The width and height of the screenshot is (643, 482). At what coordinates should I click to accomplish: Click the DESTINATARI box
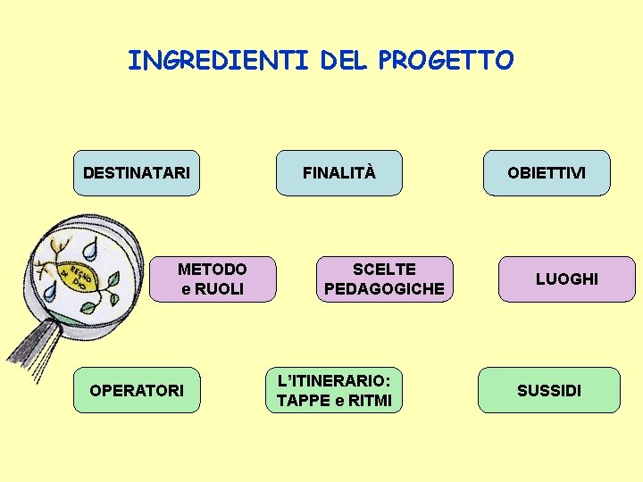point(136,172)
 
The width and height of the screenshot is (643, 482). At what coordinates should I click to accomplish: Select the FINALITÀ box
point(339,172)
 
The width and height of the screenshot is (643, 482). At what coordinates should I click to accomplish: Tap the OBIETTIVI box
point(547,172)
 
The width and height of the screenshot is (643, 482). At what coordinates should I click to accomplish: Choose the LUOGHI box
point(566,279)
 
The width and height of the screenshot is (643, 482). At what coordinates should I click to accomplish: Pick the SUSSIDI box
point(548,390)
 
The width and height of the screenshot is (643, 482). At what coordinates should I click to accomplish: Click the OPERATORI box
point(137,390)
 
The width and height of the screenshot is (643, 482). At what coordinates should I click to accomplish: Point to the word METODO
point(213,270)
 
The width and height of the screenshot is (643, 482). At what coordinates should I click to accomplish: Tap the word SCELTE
point(384,270)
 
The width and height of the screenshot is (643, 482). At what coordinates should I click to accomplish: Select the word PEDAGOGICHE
point(384,289)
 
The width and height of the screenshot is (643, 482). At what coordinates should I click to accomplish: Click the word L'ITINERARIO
point(334,381)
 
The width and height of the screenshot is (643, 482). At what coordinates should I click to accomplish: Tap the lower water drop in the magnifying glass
point(51,290)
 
